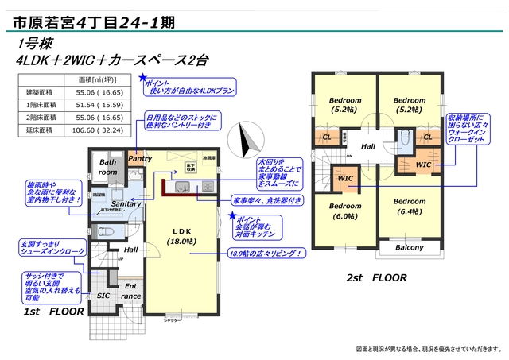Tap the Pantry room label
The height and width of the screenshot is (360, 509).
(x=139, y=158)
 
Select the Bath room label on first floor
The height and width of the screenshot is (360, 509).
(x=107, y=168)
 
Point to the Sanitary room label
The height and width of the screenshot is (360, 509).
(x=126, y=204)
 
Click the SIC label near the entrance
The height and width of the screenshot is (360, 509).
(x=103, y=296)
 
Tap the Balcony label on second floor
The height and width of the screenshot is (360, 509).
(x=409, y=248)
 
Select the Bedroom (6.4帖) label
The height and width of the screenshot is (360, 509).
(x=410, y=206)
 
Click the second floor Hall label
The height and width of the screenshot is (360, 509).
(x=368, y=147)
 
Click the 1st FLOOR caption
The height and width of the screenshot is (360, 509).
(x=55, y=312)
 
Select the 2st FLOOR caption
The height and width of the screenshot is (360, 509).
(x=376, y=278)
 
